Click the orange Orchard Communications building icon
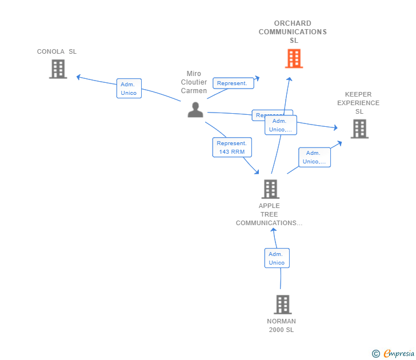294,58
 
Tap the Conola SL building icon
58,69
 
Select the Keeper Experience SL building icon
359,129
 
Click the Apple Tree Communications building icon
270,189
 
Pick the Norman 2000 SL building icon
282,305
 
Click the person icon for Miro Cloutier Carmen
195,110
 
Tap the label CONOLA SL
57,51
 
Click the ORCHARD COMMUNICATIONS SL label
293,32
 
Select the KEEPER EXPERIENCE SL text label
358,103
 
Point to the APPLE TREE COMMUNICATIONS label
269,214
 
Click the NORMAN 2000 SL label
281,325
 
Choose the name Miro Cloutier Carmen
194,82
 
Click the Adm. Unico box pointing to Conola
129,89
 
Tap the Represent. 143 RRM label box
231,147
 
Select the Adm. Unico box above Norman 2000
277,258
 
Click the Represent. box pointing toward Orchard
233,83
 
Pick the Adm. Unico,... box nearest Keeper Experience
314,157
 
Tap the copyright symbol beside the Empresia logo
375,354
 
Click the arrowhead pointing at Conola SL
79,77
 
